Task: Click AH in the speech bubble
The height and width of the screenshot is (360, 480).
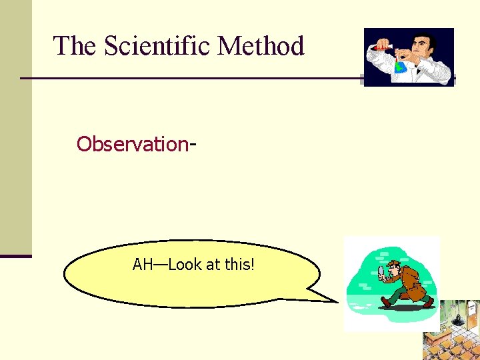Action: [x=143, y=265]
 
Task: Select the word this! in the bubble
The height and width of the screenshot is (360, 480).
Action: [x=239, y=265]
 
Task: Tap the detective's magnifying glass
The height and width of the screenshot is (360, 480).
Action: [x=382, y=271]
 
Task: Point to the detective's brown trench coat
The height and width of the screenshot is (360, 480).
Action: [x=414, y=283]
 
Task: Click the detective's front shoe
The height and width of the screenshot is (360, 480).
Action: [x=386, y=303]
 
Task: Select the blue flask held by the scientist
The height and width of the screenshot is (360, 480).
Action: [x=401, y=65]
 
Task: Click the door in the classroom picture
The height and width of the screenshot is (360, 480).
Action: [x=471, y=313]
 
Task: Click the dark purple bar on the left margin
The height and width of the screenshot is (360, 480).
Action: [x=15, y=255]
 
